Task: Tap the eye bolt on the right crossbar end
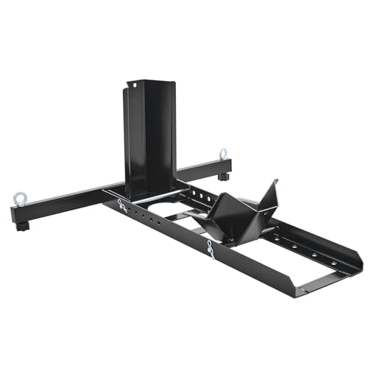click(x=222, y=155)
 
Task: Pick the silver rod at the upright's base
click(x=151, y=199)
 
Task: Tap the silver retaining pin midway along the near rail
click(x=210, y=250)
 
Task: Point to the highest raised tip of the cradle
click(x=275, y=181)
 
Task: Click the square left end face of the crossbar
click(x=15, y=214)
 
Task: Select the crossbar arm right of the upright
click(x=199, y=170)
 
